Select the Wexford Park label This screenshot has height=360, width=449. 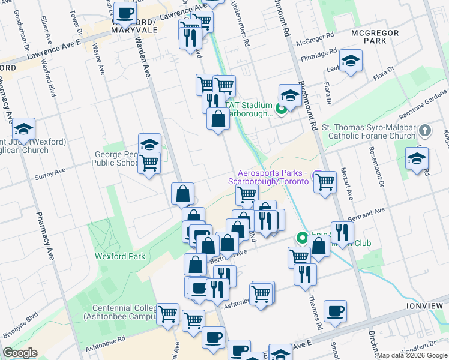[x=120, y=256]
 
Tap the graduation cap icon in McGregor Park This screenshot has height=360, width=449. [x=351, y=61]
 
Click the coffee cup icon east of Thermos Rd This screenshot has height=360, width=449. [x=336, y=311]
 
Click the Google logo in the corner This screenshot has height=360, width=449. [x=20, y=353]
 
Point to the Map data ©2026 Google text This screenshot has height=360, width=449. [x=412, y=355]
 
